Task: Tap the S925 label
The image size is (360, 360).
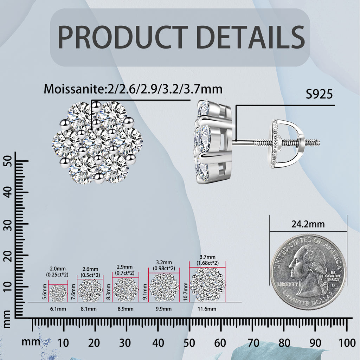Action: (x=319, y=94)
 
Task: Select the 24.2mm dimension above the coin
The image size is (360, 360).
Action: (x=308, y=224)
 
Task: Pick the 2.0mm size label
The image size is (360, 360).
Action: (x=58, y=269)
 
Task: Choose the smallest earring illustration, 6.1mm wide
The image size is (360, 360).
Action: (x=58, y=293)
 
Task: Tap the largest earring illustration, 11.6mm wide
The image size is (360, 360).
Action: (x=207, y=284)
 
